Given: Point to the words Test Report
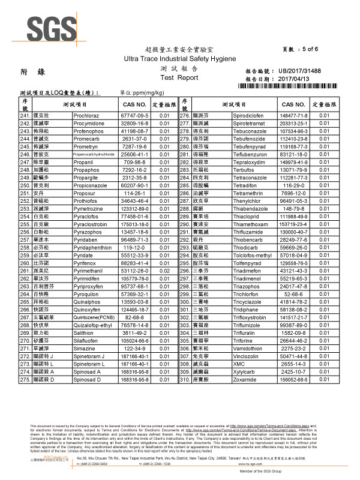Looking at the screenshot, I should (x=179, y=78).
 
